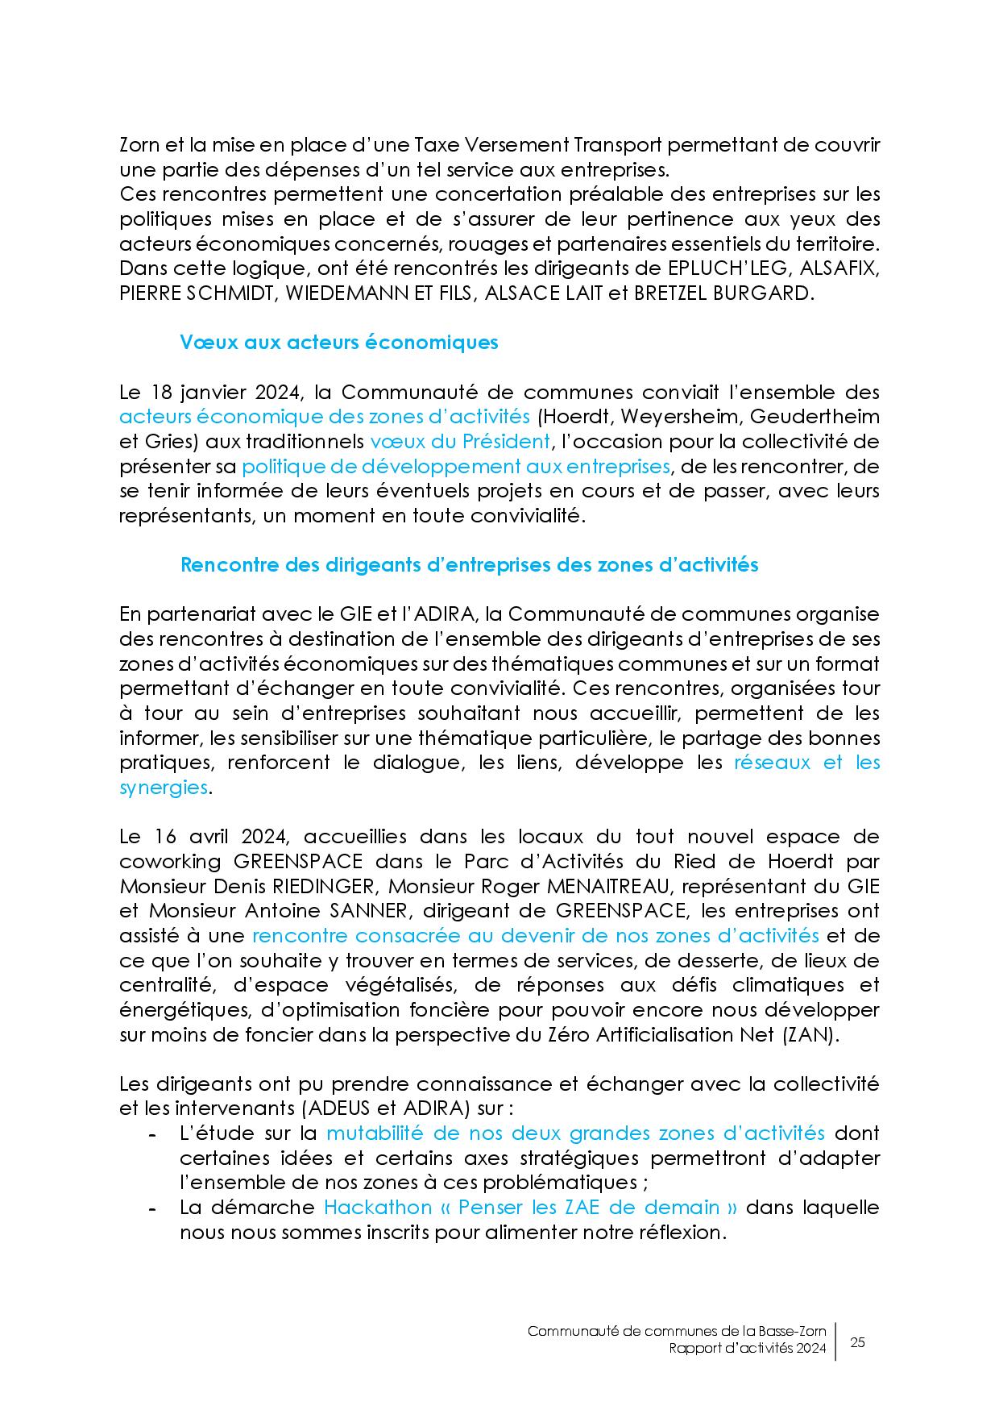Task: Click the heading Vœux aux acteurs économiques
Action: [338, 343]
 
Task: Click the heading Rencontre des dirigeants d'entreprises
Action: [469, 565]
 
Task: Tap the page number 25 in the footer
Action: [857, 1342]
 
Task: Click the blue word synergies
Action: [164, 788]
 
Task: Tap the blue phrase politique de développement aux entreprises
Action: [455, 467]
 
